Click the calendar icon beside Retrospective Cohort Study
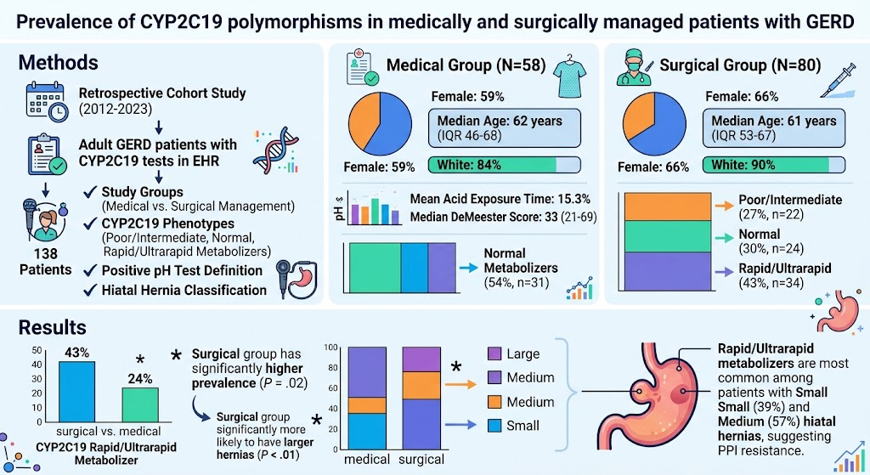(x=47, y=102)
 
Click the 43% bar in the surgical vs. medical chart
(x=77, y=391)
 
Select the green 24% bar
(x=140, y=404)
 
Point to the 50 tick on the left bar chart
(x=37, y=350)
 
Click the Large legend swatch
(x=494, y=353)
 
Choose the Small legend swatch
(x=494, y=426)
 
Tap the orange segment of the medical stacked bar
(x=367, y=405)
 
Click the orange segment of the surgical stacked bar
(x=421, y=385)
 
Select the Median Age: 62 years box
(x=505, y=128)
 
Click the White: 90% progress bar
(x=774, y=165)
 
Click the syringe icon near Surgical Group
(x=838, y=81)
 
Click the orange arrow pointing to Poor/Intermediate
(x=724, y=206)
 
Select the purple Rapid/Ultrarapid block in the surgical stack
(x=668, y=271)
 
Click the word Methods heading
(x=59, y=62)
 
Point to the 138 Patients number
(x=46, y=253)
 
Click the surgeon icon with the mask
(x=634, y=67)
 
